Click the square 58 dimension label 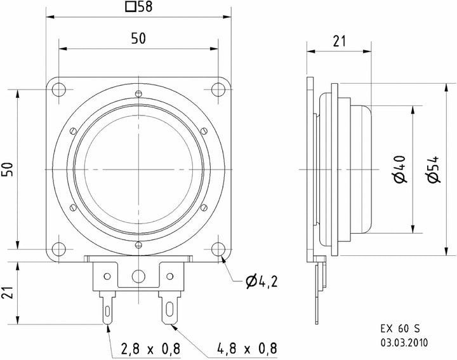pyautogui.click(x=139, y=7)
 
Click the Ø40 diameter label pyautogui.click(x=400, y=170)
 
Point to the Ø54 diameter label pyautogui.click(x=433, y=170)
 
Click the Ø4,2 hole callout pyautogui.click(x=262, y=281)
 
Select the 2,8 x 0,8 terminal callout pyautogui.click(x=150, y=349)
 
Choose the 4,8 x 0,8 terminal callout pyautogui.click(x=247, y=349)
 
